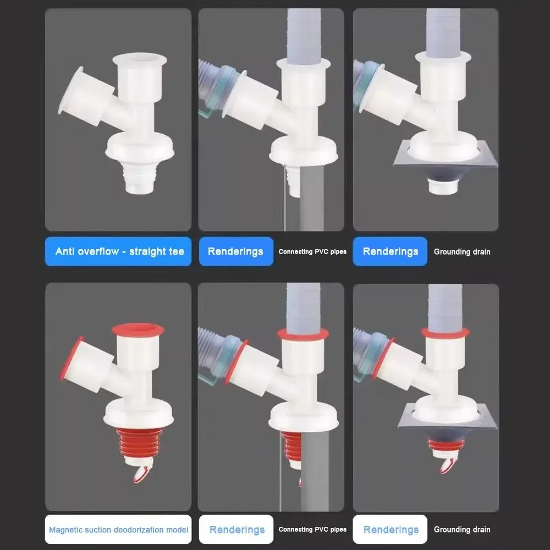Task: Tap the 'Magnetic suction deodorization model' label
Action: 118,530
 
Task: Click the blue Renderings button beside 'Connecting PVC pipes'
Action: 235,251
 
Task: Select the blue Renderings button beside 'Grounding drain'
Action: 390,251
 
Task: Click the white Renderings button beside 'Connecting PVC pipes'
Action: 236,530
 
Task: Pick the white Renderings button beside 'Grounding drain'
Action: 390,530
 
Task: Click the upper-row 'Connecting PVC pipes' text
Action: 312,252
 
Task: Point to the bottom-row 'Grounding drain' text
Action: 461,530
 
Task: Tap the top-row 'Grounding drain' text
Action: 461,252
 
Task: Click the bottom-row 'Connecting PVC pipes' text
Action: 312,530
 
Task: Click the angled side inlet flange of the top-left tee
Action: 70,91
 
